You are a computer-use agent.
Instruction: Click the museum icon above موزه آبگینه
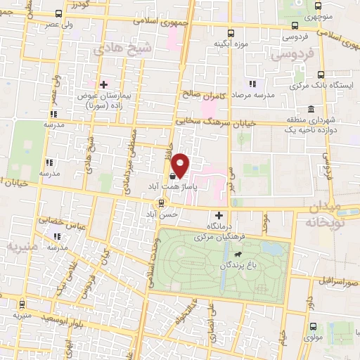(x=231, y=32)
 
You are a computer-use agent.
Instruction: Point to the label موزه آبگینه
(x=231, y=44)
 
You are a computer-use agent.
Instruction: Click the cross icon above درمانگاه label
(x=219, y=214)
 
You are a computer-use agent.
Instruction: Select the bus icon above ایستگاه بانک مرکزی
(x=321, y=75)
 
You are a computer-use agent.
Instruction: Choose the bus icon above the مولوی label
(x=313, y=327)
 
